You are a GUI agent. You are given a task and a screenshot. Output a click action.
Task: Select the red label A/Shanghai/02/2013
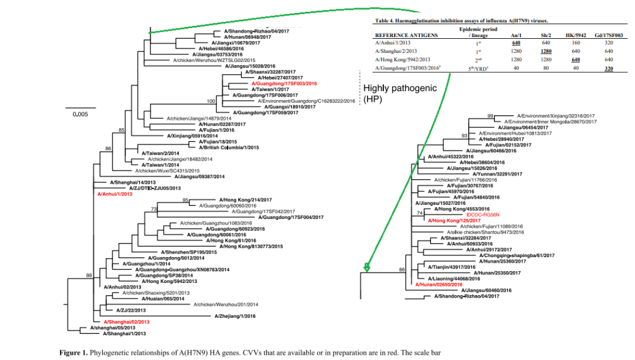point(126,322)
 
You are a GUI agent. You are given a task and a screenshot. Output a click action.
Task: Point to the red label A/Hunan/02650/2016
point(442,284)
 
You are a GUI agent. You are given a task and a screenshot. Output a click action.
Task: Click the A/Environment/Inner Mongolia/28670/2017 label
point(550,122)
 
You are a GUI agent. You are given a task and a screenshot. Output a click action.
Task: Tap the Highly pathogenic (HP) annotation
point(399,94)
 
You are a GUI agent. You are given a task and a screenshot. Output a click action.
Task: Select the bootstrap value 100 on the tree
point(211,101)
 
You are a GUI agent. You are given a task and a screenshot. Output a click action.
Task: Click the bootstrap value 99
point(490,116)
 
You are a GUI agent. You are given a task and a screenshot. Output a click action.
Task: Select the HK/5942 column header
point(577,35)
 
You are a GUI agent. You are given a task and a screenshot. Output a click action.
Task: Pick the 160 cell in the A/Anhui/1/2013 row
point(577,43)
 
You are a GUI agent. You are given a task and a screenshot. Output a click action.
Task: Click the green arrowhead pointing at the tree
point(367,268)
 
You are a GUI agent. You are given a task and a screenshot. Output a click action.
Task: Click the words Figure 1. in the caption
point(73,353)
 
